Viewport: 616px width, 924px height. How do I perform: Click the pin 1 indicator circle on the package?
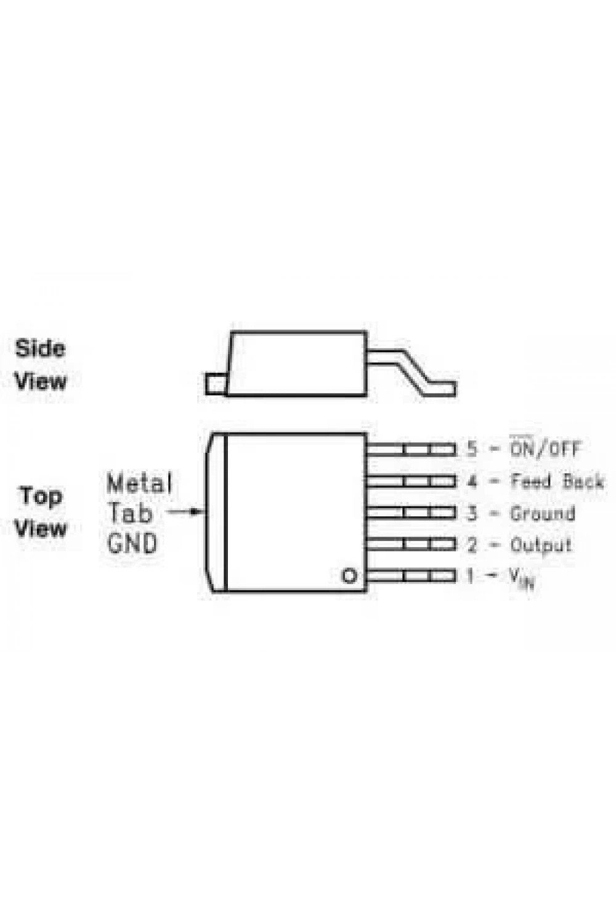(x=349, y=575)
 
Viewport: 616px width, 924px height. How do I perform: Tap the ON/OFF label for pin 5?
(x=545, y=448)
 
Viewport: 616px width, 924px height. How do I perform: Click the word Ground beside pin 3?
(x=543, y=513)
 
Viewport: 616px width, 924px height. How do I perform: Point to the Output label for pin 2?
(x=541, y=545)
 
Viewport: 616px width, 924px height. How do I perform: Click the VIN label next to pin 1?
(x=522, y=578)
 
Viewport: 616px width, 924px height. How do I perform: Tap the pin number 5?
(x=471, y=448)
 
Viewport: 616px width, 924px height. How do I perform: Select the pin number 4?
(x=472, y=481)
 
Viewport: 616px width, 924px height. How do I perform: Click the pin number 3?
(x=472, y=513)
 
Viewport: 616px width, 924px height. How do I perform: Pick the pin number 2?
(x=472, y=545)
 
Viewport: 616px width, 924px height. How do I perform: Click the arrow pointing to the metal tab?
(x=184, y=512)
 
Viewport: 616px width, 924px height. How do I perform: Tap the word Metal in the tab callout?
(x=139, y=484)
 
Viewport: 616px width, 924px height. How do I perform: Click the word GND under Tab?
(x=132, y=543)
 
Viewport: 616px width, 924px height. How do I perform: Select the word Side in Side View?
(x=40, y=349)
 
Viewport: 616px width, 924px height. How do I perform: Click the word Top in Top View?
(x=41, y=496)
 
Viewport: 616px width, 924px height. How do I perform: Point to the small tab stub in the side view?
(x=216, y=384)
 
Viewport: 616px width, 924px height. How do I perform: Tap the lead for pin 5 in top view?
(x=411, y=449)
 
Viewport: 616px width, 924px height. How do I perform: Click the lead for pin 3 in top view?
(x=411, y=513)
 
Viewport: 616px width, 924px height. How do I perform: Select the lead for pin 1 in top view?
(x=411, y=575)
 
